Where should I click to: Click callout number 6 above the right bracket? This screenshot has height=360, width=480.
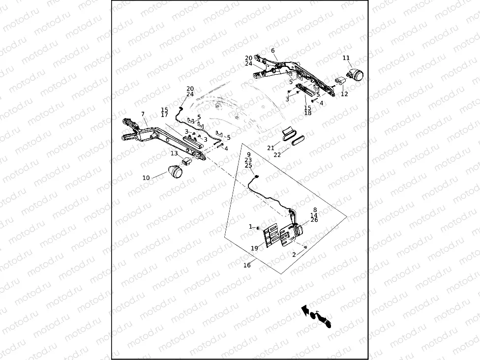click(x=273, y=51)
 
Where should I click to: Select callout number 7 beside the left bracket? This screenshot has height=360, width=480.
click(x=143, y=114)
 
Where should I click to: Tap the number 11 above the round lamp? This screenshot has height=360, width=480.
click(x=346, y=59)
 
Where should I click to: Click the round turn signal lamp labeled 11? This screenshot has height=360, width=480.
click(x=356, y=75)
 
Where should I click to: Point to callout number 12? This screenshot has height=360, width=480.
click(x=344, y=94)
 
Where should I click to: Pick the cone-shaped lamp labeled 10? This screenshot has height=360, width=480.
click(x=175, y=172)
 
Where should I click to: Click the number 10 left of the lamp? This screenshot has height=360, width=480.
click(x=146, y=178)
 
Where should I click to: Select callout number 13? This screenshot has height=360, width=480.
click(x=174, y=153)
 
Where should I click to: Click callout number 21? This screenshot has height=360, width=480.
click(x=270, y=148)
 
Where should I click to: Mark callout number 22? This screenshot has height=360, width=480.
click(x=277, y=155)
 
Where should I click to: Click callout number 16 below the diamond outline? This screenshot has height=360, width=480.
click(x=247, y=265)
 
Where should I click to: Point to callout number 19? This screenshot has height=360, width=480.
click(x=254, y=248)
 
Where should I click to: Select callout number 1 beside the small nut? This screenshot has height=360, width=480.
click(x=250, y=227)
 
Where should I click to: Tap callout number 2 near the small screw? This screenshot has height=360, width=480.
click(x=294, y=255)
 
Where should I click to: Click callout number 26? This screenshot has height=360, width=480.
click(x=314, y=220)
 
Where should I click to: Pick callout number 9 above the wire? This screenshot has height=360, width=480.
click(x=248, y=154)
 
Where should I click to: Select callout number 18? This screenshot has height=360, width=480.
click(x=308, y=113)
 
